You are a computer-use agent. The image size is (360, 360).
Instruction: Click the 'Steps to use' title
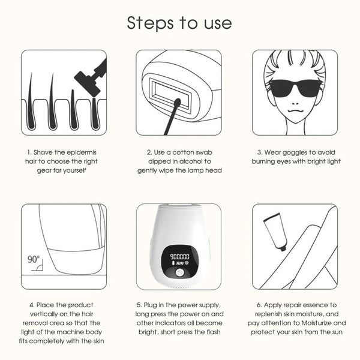click(179, 23)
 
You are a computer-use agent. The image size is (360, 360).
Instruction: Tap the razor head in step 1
click(87, 83)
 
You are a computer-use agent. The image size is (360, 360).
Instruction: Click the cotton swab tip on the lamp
click(178, 102)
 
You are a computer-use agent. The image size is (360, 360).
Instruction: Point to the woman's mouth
click(296, 111)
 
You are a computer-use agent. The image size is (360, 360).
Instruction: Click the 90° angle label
click(34, 259)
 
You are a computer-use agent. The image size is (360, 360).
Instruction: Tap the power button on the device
click(179, 273)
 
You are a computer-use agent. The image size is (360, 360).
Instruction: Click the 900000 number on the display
click(179, 257)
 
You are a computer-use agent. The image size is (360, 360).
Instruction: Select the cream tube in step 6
click(275, 232)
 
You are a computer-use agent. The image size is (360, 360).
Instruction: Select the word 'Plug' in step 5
click(150, 305)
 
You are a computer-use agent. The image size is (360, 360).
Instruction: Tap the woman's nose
click(295, 103)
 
